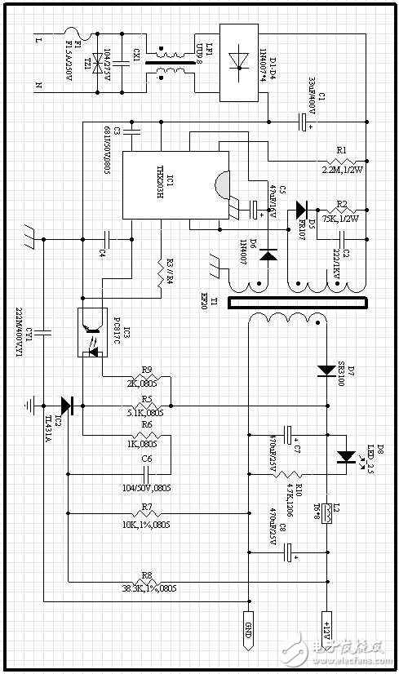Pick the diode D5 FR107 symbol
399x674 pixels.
click(x=302, y=209)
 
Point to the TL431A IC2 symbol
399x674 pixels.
click(x=67, y=405)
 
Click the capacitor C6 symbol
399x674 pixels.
click(x=148, y=472)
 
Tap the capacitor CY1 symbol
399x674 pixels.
click(x=42, y=330)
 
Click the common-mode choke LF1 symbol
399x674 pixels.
click(x=169, y=63)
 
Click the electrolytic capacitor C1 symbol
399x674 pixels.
click(x=304, y=122)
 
